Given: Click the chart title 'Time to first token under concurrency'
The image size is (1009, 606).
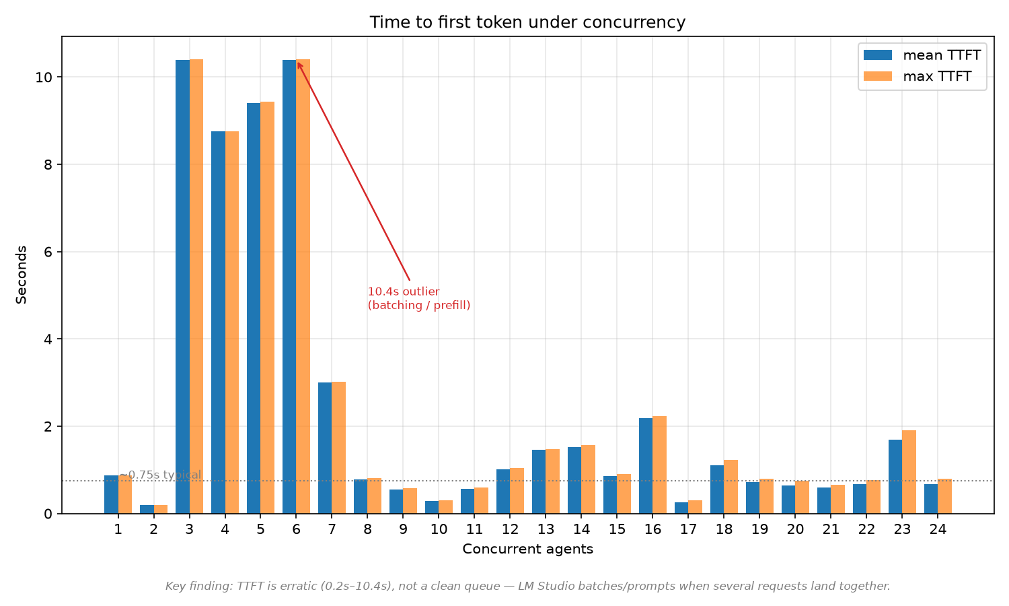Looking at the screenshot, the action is point(527,22).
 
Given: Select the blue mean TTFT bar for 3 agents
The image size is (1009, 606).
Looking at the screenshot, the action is point(182,287).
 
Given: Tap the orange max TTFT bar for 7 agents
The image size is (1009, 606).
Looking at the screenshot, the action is point(339,448).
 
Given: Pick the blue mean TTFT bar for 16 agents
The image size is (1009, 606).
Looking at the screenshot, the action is point(646,466).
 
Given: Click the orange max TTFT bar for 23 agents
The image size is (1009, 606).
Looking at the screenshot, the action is point(909,472).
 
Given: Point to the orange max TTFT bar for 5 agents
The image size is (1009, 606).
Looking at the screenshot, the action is point(268,308).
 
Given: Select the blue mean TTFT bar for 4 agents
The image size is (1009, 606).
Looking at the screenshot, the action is point(218,323).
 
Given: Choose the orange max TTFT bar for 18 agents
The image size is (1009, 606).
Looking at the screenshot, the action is point(731,487).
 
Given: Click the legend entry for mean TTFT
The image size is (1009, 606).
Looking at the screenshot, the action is point(922,55).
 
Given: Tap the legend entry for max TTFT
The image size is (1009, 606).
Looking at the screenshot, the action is point(917,76).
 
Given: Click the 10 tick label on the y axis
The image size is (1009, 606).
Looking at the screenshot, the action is point(44,77).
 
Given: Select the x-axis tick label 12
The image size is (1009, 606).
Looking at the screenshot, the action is point(510,529).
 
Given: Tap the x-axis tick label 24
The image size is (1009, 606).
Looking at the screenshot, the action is point(938,529).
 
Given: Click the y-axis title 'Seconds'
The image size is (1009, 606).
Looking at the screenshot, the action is point(21,275).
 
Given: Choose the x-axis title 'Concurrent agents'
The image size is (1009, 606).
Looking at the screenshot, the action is point(527,549).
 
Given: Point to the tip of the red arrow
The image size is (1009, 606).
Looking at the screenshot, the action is point(298,63).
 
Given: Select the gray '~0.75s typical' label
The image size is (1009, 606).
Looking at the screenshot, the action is point(160,475).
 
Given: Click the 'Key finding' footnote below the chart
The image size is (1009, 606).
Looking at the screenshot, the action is point(527,586).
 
